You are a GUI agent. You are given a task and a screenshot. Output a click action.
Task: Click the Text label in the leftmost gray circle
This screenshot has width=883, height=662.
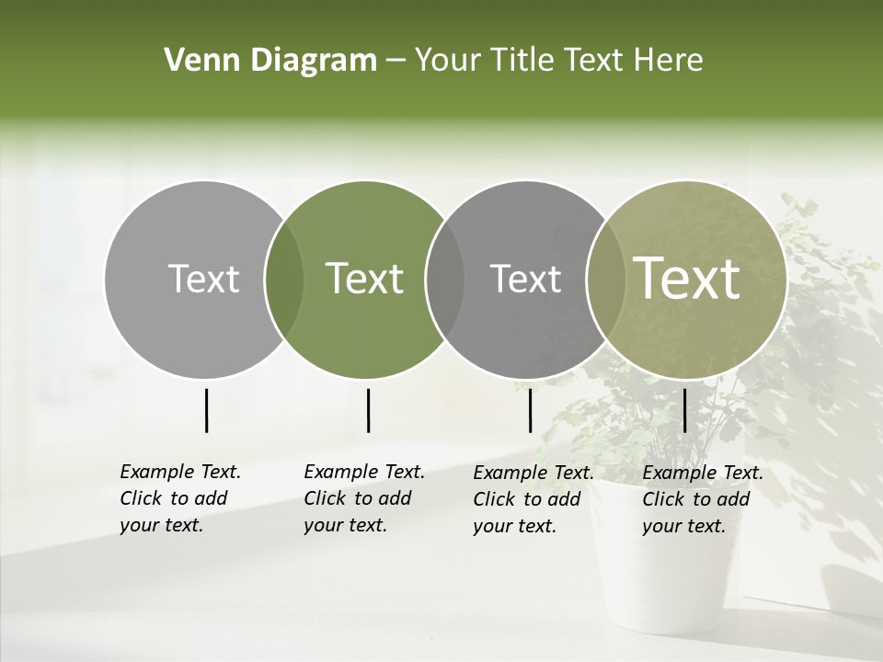(x=203, y=279)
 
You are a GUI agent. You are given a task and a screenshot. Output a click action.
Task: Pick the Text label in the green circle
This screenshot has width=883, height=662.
(x=364, y=279)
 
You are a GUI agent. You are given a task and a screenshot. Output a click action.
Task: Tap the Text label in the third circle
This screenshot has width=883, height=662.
(x=525, y=279)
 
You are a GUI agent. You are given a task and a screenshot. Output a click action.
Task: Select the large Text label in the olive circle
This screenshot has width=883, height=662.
(x=687, y=279)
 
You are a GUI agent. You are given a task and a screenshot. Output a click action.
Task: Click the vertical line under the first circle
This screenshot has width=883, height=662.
(x=206, y=410)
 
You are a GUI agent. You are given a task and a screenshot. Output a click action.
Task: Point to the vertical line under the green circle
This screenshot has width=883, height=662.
(x=368, y=410)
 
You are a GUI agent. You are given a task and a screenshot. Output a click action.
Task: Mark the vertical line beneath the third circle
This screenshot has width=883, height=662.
(x=530, y=410)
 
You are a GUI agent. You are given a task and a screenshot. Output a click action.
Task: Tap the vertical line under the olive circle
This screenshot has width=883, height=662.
(x=684, y=410)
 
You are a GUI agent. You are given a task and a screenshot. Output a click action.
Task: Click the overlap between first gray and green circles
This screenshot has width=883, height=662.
(x=284, y=280)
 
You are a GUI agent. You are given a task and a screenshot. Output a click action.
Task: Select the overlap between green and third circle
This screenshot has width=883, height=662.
(x=445, y=280)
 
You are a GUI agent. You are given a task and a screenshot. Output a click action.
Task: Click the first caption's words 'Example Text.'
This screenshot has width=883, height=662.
(x=180, y=472)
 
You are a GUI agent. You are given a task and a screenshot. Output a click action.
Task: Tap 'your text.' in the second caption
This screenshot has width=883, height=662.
(x=345, y=526)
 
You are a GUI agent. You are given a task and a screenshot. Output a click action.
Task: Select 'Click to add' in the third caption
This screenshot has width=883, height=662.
(x=527, y=499)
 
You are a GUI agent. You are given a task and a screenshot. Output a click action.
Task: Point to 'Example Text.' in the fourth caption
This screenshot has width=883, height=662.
(x=703, y=473)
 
